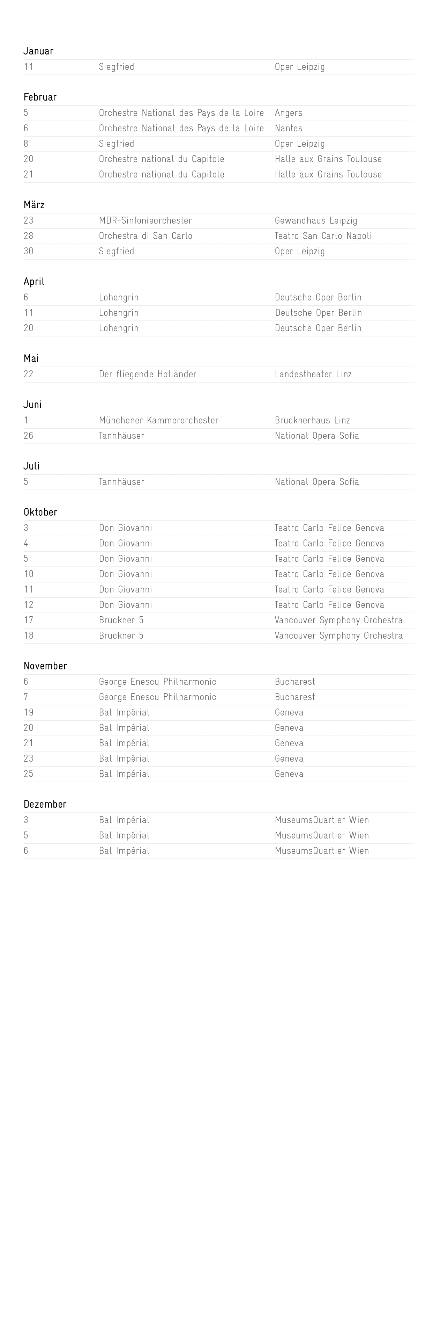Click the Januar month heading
point(38,51)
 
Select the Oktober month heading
point(40,512)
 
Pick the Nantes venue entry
point(289,128)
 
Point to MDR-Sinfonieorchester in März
point(145,220)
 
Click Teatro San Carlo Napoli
point(323,235)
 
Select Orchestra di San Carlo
point(146,235)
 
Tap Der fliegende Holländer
point(148,374)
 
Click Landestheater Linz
point(313,374)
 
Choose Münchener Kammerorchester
point(159,420)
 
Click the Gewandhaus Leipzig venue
point(316,220)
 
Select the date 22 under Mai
point(29,374)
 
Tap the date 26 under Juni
point(29,436)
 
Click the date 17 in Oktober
point(29,620)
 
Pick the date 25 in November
point(29,774)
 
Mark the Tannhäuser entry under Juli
point(122,482)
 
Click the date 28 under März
point(29,235)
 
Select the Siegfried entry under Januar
point(117,67)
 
